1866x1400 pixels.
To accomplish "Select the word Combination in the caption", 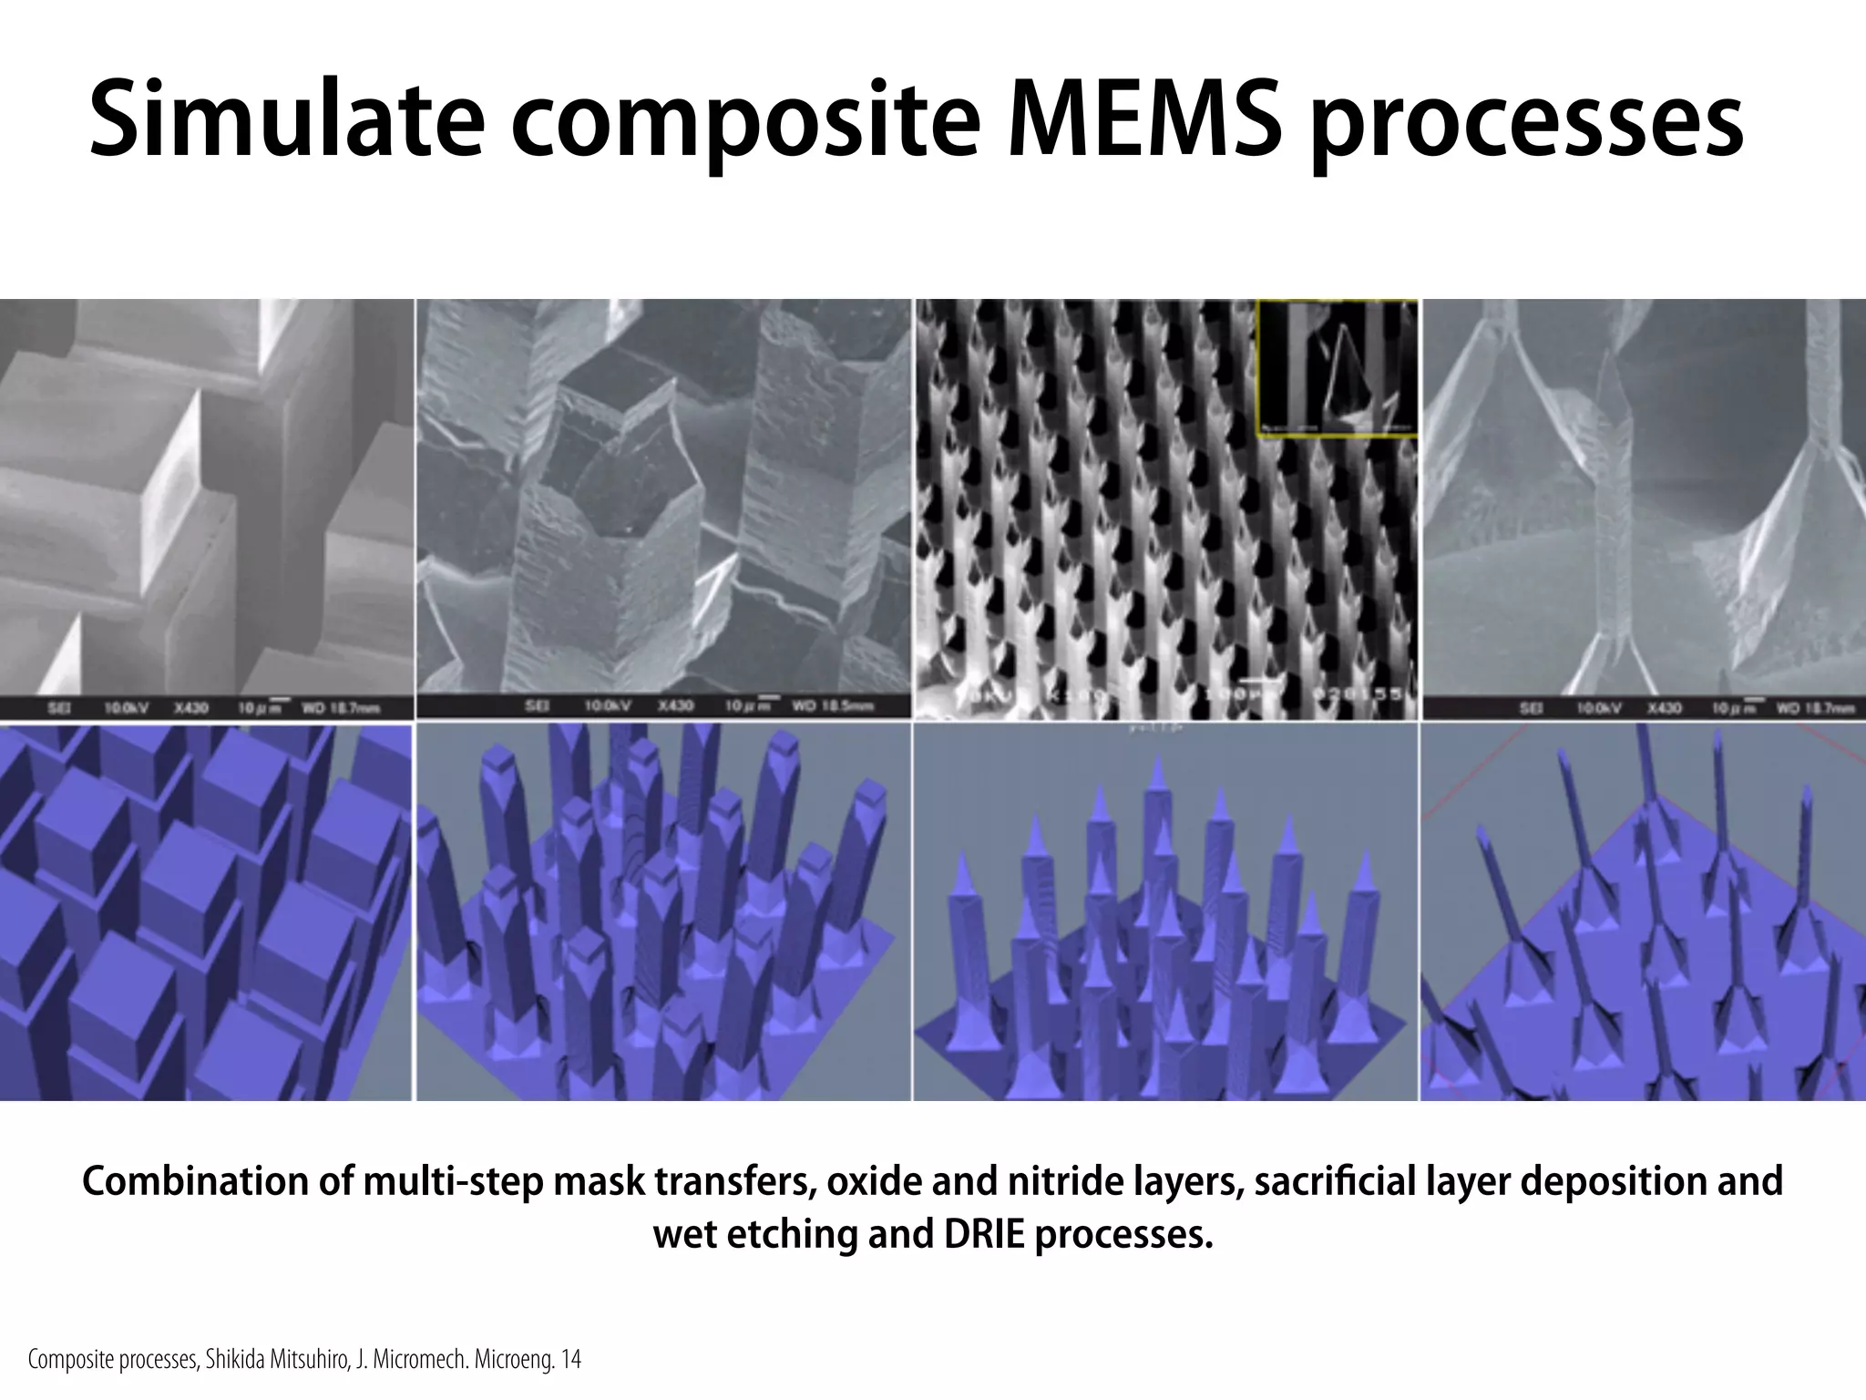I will coord(200,1181).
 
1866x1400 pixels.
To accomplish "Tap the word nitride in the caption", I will coord(1055,1181).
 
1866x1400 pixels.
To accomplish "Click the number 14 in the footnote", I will coord(571,1361).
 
